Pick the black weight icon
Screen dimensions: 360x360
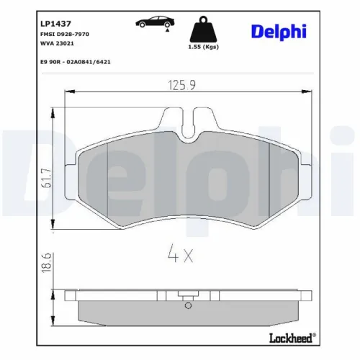coord(203,30)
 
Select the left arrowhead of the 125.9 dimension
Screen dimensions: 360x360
coord(68,91)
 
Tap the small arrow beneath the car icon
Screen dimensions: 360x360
coord(167,31)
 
